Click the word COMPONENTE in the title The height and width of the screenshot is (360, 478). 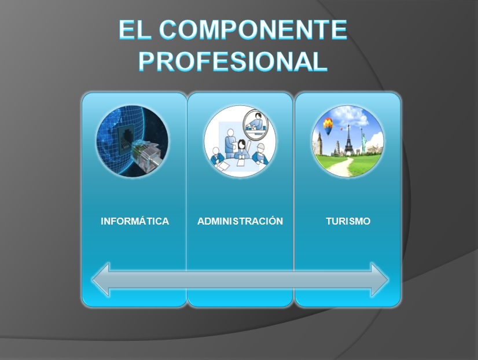[255, 30]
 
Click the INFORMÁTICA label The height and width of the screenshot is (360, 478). [135, 221]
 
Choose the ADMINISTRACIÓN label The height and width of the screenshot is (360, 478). [240, 221]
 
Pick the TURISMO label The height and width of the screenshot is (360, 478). [348, 221]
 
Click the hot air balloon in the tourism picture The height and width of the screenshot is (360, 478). [328, 126]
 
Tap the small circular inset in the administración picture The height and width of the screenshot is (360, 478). [255, 123]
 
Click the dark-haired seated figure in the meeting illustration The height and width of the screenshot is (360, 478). [240, 148]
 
